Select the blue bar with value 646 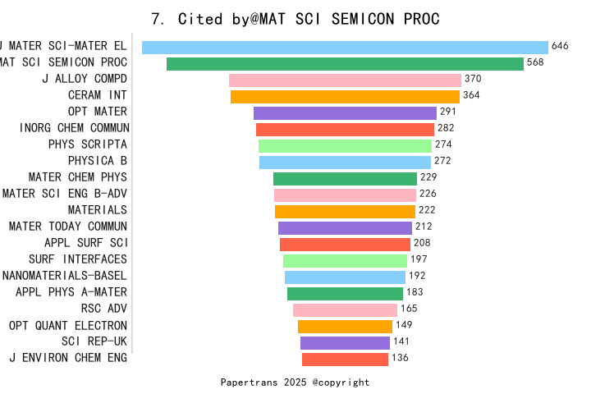(x=345, y=48)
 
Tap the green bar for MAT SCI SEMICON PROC (x=345, y=64)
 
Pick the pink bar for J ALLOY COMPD (x=345, y=80)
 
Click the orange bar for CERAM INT (x=345, y=97)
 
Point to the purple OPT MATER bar (x=345, y=113)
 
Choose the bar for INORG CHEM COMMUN (x=345, y=130)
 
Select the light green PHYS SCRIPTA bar (x=345, y=146)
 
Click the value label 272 (x=442, y=161)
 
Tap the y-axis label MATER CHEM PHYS (x=78, y=177)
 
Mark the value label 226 (x=428, y=194)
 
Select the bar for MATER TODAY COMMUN (x=345, y=228)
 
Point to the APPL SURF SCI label (x=86, y=243)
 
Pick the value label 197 (x=419, y=259)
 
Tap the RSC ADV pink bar (x=345, y=310)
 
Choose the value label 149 (x=404, y=325)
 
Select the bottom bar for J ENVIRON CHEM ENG (x=345, y=360)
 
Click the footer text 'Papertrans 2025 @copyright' (x=295, y=383)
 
